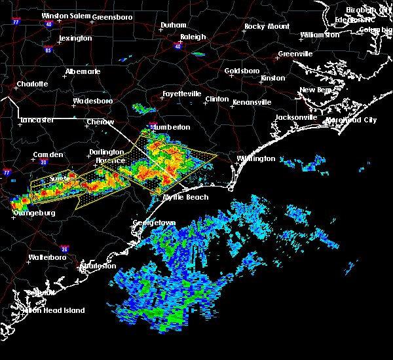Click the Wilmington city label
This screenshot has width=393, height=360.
[x=255, y=158]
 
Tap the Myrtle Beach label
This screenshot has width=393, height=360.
[x=185, y=197]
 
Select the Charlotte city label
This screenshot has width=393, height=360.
[x=32, y=84]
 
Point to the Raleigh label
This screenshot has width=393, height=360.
[x=193, y=37]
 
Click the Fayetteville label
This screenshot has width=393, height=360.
[x=181, y=94]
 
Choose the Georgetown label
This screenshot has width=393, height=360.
[x=156, y=223]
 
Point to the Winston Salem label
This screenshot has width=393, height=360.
[x=64, y=16]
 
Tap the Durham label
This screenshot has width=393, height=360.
[x=174, y=26]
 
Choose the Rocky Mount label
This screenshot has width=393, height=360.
[x=267, y=26]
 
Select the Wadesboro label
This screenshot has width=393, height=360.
[x=92, y=101]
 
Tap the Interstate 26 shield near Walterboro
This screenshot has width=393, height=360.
[x=64, y=249]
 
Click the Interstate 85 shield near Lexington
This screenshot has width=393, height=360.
[x=48, y=49]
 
